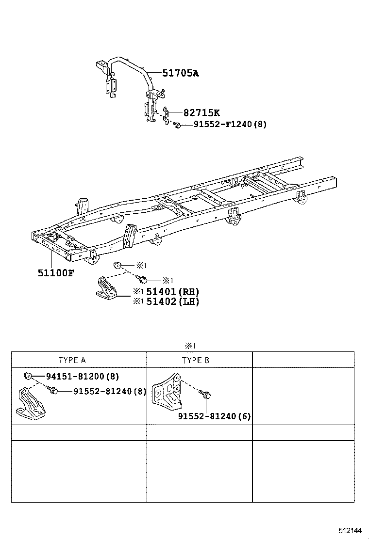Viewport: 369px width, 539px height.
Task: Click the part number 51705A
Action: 180,73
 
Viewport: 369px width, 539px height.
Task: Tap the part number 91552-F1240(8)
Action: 230,125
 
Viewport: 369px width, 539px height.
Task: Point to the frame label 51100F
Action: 56,272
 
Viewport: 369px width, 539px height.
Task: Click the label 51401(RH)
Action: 172,292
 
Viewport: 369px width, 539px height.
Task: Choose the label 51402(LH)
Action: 172,301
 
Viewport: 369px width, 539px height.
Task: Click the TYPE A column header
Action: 72,360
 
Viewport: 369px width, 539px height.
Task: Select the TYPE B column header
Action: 196,360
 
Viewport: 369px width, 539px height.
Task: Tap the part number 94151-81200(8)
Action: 82,376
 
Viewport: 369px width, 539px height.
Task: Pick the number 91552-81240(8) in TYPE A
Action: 109,391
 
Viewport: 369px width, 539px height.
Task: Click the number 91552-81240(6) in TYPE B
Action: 214,416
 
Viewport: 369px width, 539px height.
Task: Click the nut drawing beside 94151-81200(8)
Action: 29,376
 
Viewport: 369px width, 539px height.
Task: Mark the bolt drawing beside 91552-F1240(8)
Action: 178,125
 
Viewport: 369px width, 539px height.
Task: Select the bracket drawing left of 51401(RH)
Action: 107,289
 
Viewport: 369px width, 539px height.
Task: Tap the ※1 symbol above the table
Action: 189,346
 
